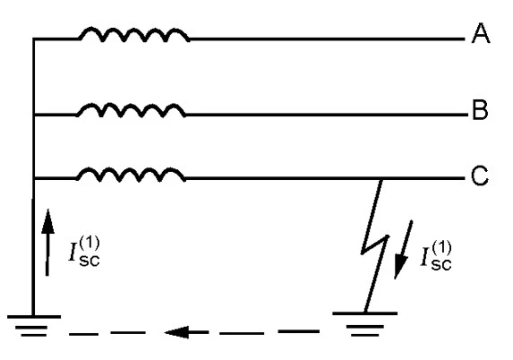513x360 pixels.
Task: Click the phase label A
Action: coord(481,33)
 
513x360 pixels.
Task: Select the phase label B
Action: coord(480,109)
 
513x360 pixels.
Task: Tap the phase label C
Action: coord(480,176)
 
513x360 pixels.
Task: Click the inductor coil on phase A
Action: coord(133,35)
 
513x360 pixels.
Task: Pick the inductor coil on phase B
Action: coord(131,110)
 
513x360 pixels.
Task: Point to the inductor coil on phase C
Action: coord(131,175)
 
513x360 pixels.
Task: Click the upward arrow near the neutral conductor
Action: coord(47,243)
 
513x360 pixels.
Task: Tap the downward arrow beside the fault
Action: coord(403,250)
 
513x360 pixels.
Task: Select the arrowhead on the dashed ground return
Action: coord(176,332)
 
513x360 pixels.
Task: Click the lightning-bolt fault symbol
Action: coord(374,245)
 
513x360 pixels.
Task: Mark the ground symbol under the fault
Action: coord(365,323)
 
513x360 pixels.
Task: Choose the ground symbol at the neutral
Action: coord(34,326)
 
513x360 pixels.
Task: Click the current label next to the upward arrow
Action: coord(84,252)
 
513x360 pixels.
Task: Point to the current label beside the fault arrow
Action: coord(436,255)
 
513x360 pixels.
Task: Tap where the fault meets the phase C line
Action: coord(380,179)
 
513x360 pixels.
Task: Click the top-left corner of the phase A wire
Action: coord(33,39)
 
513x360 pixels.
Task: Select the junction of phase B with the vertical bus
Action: coord(34,115)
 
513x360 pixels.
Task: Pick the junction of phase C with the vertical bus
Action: coord(34,178)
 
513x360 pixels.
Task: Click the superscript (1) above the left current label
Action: coord(89,244)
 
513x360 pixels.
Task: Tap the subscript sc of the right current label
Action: coord(441,265)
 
